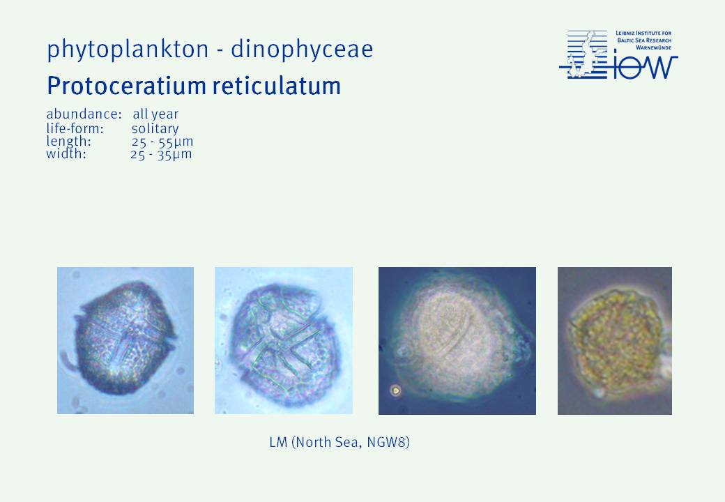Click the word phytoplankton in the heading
128,50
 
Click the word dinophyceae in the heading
302,50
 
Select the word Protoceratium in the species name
126,86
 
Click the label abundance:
84,114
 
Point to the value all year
155,114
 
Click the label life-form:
75,128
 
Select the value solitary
155,128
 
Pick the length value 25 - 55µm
162,141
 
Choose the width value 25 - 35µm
161,154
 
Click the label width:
66,153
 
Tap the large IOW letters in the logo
646,67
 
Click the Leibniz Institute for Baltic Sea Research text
643,40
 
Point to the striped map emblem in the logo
583,54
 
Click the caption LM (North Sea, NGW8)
339,442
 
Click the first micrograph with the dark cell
125,340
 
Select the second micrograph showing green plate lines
284,340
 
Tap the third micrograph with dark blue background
457,341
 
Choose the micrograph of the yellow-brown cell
614,341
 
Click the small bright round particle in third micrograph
395,390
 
